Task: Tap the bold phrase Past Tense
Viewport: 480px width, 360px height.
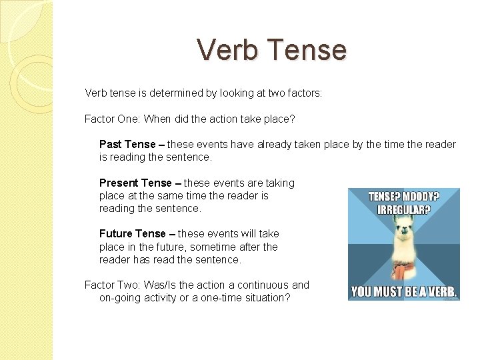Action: [x=127, y=145]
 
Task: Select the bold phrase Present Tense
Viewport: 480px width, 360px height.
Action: [x=135, y=183]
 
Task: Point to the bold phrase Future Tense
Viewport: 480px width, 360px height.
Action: [x=132, y=234]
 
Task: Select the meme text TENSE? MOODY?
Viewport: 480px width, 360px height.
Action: [x=404, y=197]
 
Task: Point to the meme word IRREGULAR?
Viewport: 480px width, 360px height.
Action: [x=403, y=209]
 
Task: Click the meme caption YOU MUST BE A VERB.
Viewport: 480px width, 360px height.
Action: [x=404, y=292]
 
